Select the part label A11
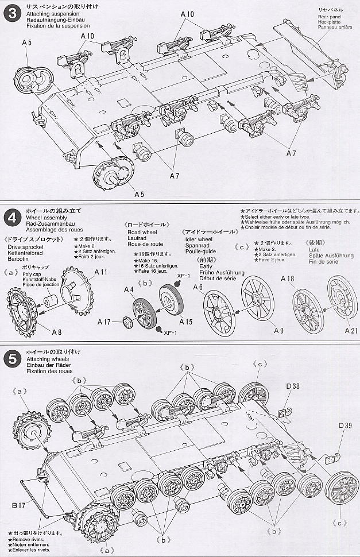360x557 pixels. tap(101, 272)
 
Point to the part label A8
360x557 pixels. tap(56, 331)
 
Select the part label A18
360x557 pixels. tap(288, 278)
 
